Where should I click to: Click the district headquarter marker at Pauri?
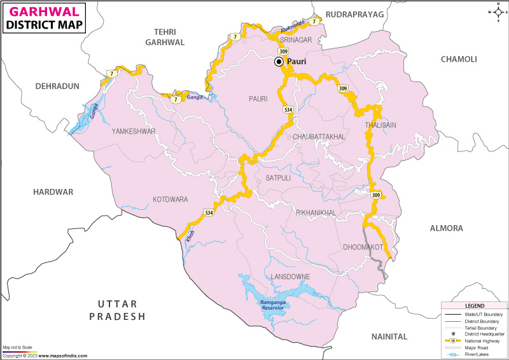pos(279,62)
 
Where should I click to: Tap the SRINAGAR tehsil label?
pos(295,40)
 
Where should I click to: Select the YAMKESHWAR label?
pos(134,131)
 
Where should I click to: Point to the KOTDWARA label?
pos(170,199)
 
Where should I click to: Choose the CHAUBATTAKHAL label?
pos(319,137)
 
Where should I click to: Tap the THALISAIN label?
pos(380,125)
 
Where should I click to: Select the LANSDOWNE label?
pos(289,277)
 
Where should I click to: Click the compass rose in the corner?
pos(497,11)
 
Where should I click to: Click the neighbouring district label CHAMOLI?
pos(458,59)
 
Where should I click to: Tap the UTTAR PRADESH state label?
pos(117,310)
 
